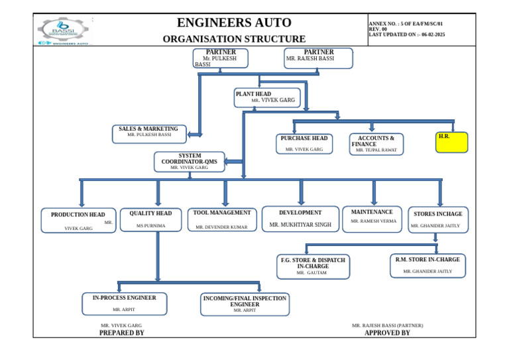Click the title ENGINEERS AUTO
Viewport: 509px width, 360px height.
pyautogui.click(x=234, y=23)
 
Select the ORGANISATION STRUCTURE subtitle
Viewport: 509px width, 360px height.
pyautogui.click(x=234, y=39)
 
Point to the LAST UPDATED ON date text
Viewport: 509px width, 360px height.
pyautogui.click(x=406, y=34)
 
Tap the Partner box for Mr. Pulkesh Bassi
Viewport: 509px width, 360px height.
pyautogui.click(x=221, y=58)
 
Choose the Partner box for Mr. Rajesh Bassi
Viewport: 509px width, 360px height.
pyautogui.click(x=318, y=58)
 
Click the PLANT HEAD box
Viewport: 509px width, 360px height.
pyautogui.click(x=267, y=97)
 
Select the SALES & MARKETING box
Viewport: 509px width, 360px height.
pyautogui.click(x=148, y=134)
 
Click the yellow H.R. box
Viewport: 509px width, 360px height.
pyautogui.click(x=451, y=142)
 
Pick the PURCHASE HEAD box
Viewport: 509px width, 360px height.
pyautogui.click(x=304, y=144)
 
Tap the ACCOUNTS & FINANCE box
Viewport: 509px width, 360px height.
pyautogui.click(x=376, y=144)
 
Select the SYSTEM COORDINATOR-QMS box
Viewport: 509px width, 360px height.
pyautogui.click(x=190, y=162)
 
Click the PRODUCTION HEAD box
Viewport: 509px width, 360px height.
pyautogui.click(x=78, y=221)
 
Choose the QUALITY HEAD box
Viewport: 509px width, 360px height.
pyautogui.click(x=150, y=219)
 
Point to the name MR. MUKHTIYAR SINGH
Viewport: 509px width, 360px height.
pyautogui.click(x=300, y=225)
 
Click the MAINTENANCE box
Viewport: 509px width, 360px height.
pyautogui.click(x=372, y=219)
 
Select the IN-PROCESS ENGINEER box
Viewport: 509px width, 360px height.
pyautogui.click(x=125, y=304)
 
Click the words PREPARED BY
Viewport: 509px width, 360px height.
pyautogui.click(x=121, y=333)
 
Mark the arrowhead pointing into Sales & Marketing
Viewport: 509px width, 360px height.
pyautogui.click(x=191, y=135)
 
